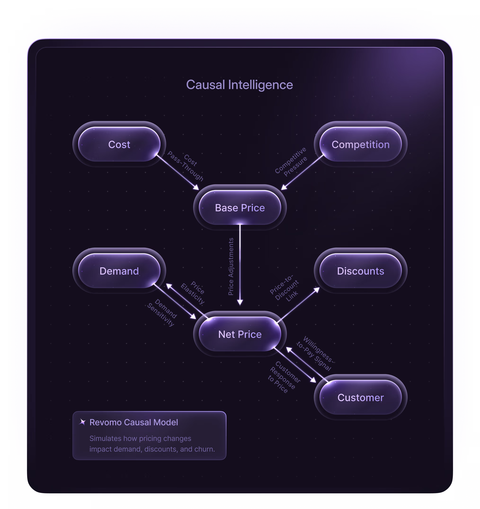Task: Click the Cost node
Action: pos(119,145)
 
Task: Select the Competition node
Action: pos(360,145)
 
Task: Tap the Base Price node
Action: pos(240,208)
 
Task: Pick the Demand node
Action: pos(119,271)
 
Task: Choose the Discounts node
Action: pos(360,271)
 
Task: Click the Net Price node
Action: pos(240,334)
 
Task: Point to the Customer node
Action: pos(360,398)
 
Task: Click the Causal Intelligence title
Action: pos(240,85)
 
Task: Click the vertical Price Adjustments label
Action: pos(231,266)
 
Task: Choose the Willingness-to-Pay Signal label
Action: pos(316,354)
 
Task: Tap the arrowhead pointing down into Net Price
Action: pos(240,302)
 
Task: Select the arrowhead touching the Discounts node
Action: pos(317,290)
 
